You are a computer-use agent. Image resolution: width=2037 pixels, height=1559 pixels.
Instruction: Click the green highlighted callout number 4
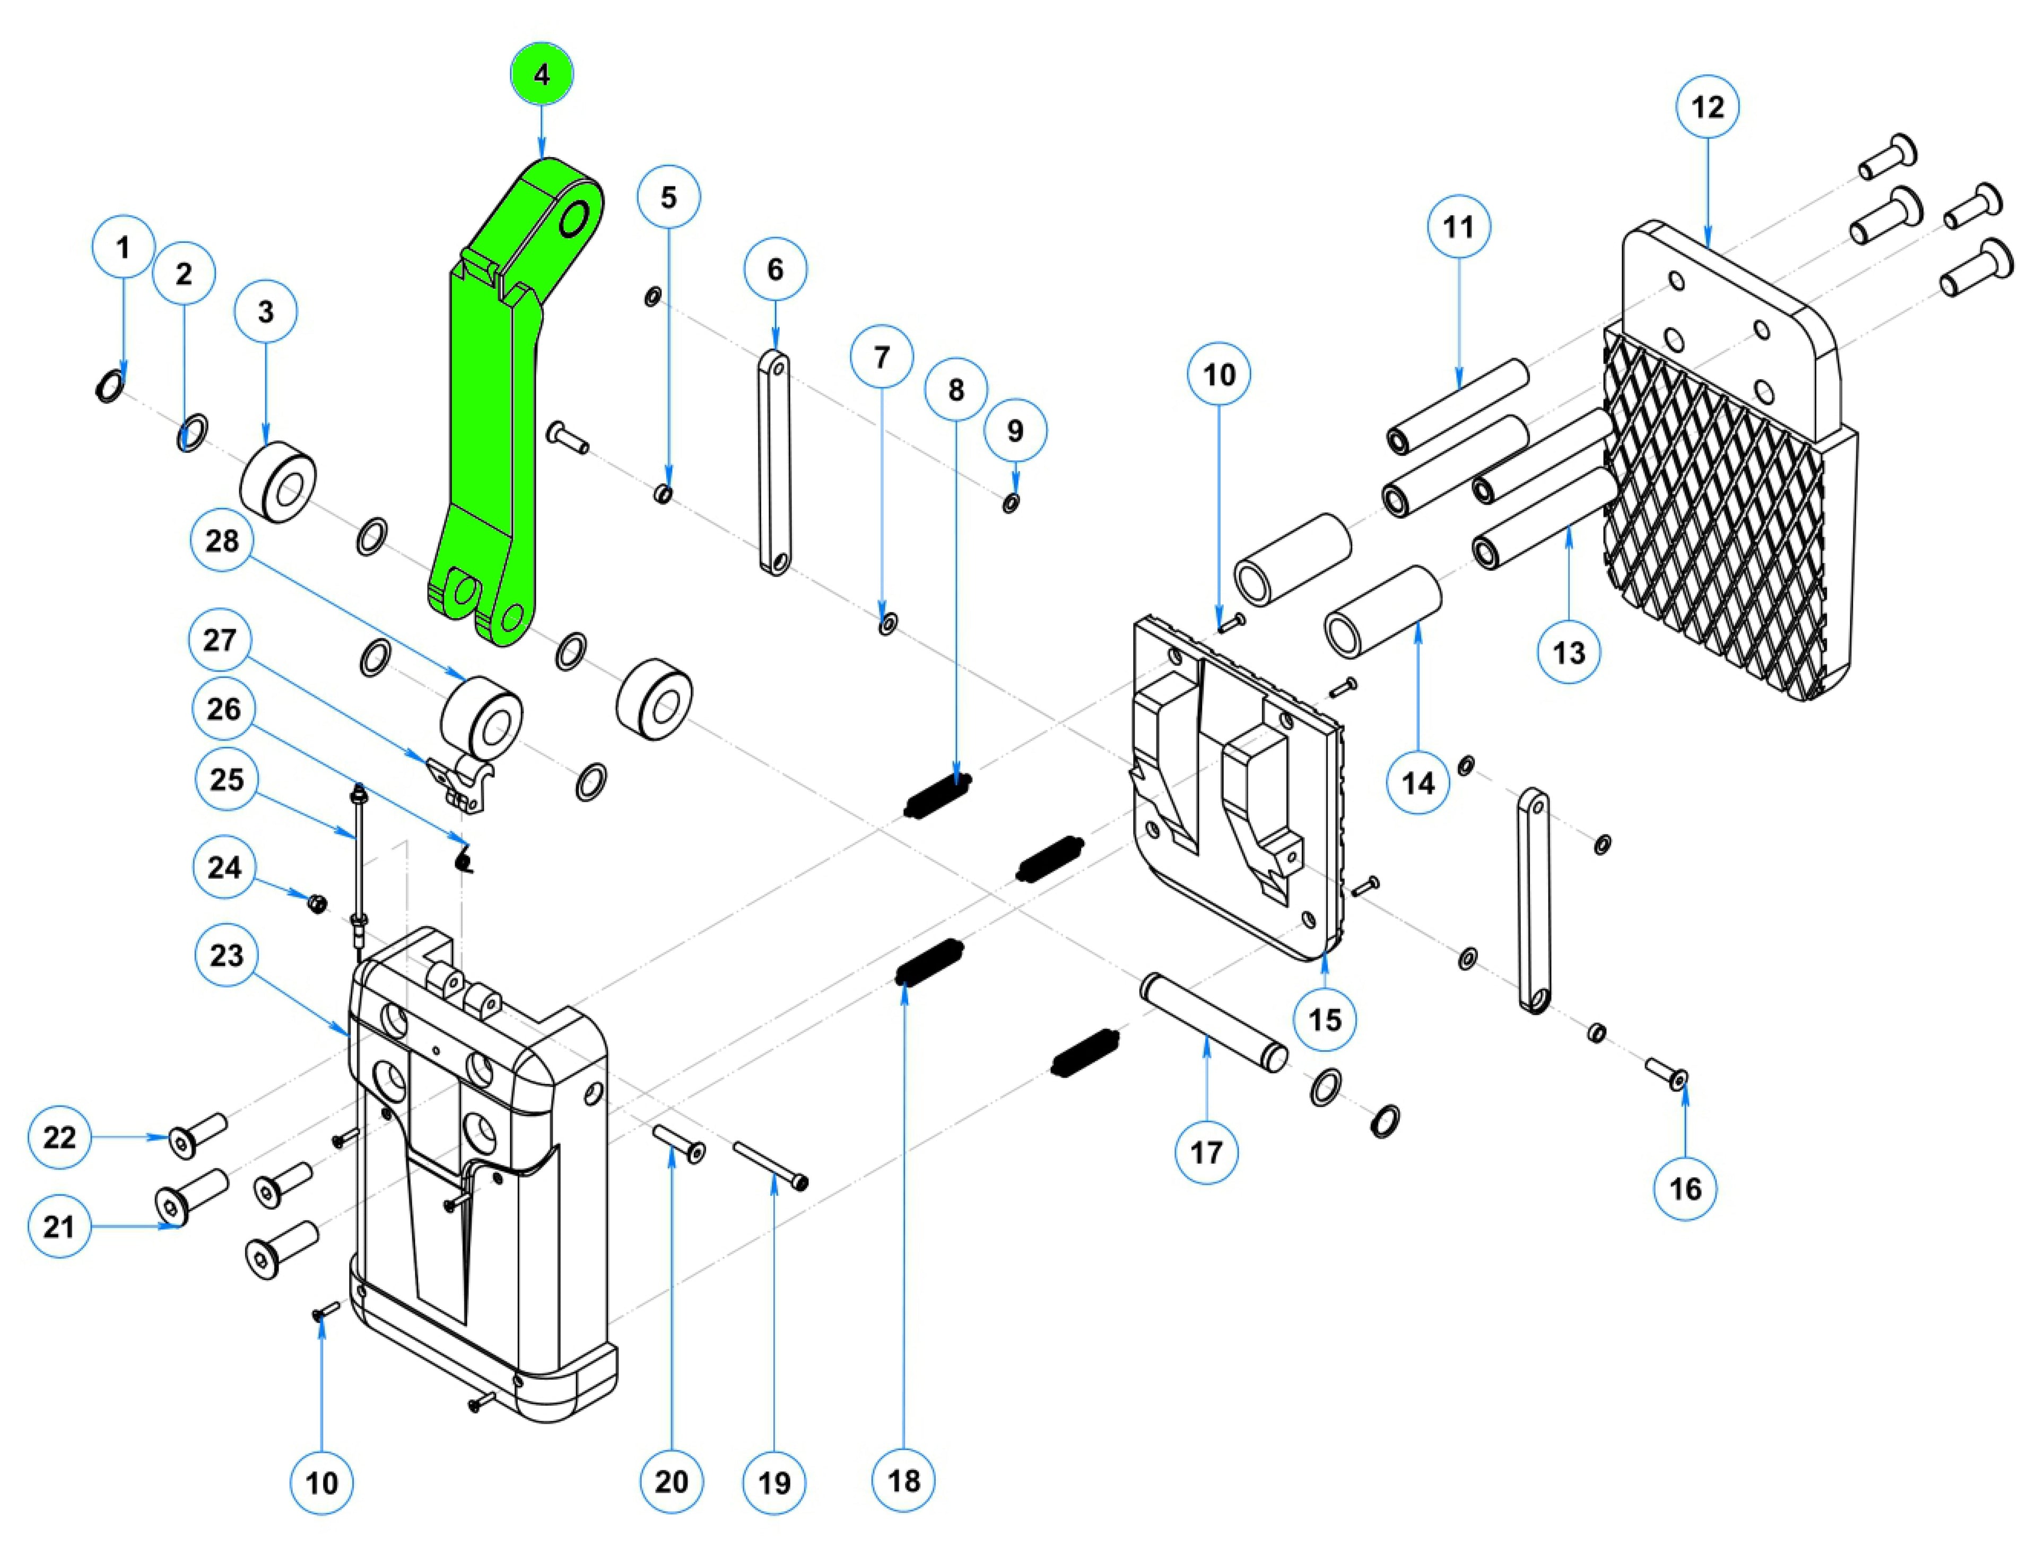point(541,74)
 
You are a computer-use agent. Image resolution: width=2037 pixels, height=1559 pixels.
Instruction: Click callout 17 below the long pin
point(1206,1153)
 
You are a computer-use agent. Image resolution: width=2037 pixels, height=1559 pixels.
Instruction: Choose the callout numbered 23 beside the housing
point(227,955)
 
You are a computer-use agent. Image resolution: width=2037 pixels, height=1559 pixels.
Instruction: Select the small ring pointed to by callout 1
point(109,386)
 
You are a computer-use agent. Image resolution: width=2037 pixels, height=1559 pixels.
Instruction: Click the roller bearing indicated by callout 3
point(277,484)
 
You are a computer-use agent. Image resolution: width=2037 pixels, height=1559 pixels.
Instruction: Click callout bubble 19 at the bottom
point(774,1482)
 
